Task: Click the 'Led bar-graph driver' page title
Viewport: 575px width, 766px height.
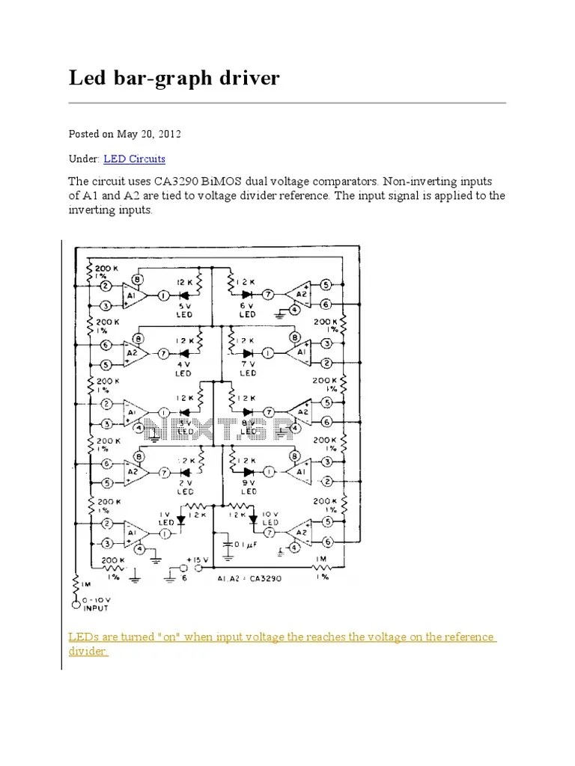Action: (174, 78)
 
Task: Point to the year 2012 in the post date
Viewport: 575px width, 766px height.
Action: (169, 134)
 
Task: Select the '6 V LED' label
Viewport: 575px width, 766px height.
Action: (247, 309)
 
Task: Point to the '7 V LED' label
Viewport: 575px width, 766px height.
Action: (248, 368)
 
